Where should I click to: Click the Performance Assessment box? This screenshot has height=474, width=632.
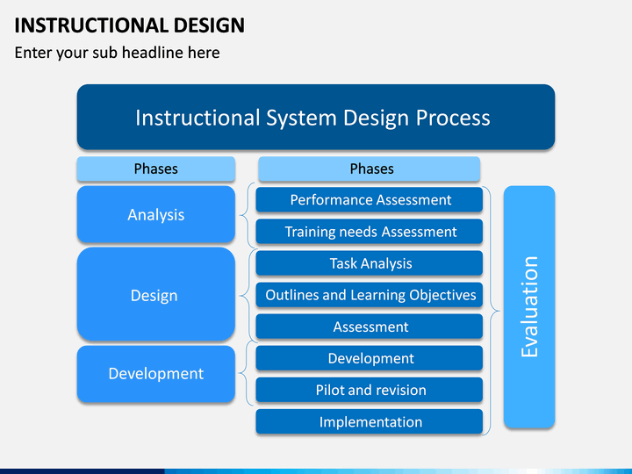[x=370, y=199]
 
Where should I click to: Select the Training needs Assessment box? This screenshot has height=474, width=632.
[x=370, y=232]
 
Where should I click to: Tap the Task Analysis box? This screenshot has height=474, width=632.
[x=370, y=263]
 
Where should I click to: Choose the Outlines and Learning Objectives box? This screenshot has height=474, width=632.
[x=370, y=295]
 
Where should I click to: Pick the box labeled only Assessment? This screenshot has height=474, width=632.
[x=370, y=327]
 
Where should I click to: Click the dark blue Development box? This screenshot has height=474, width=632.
[x=370, y=358]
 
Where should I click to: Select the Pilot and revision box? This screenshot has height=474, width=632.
[x=370, y=390]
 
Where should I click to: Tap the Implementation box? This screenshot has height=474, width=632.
[x=370, y=421]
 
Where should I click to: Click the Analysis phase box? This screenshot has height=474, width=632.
[x=156, y=214]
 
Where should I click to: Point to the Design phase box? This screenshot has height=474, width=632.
[x=156, y=294]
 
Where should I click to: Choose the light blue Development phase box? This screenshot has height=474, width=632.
[x=156, y=374]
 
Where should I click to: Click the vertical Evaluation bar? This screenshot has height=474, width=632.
[x=529, y=306]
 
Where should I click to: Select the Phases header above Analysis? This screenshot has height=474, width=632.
[x=156, y=169]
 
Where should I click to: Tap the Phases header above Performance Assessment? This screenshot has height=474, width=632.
[x=370, y=169]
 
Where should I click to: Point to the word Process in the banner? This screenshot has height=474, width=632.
[x=453, y=118]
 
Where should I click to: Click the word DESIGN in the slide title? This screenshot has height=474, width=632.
[x=210, y=25]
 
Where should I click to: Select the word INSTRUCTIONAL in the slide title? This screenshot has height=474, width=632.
[x=91, y=25]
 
